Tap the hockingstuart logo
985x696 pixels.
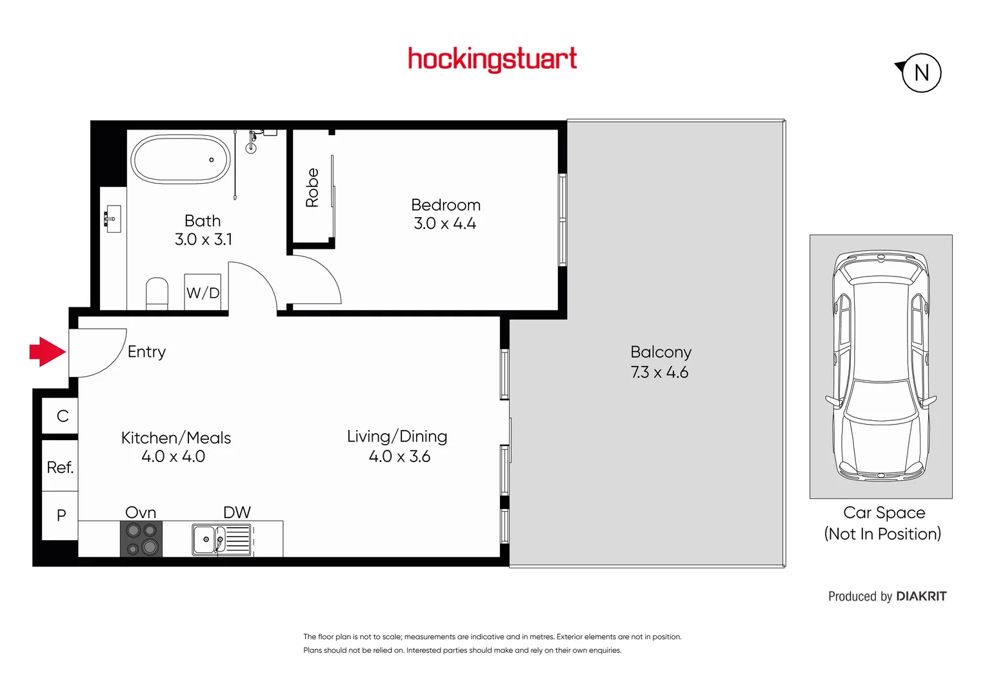492,59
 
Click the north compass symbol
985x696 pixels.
920,73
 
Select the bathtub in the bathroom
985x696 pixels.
180,159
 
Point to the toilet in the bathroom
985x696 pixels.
157,293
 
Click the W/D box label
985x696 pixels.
203,293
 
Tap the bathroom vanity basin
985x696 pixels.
113,218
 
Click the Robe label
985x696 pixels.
312,188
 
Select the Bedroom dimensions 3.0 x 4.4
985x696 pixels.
445,224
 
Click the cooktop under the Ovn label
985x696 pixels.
141,539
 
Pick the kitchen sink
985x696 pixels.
206,539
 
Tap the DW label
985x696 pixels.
237,512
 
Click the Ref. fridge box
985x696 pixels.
60,467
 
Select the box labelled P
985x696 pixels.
61,516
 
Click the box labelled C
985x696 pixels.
62,416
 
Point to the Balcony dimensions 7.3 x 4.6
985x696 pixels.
659,372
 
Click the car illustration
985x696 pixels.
881,366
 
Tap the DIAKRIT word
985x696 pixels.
921,597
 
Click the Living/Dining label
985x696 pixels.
397,436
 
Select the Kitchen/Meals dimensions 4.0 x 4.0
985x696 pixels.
173,456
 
